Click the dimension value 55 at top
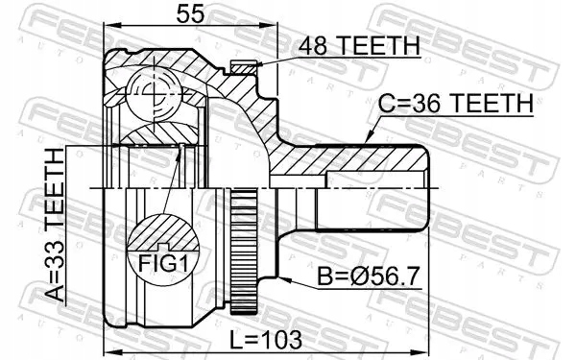pos(188,14)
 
